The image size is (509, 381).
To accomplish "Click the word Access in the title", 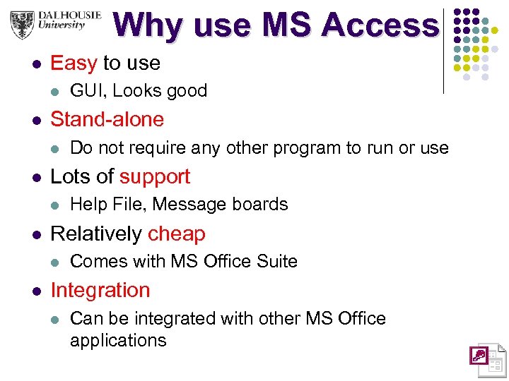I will click(379, 25).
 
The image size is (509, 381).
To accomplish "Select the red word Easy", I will click(74, 63).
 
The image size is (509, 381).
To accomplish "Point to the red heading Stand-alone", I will click(107, 119).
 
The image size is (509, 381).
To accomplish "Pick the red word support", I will click(155, 176).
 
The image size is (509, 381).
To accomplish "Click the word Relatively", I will click(96, 234).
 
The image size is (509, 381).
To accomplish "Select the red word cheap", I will click(177, 234).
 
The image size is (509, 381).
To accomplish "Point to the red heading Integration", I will click(100, 290).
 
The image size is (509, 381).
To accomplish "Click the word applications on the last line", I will click(118, 340).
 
